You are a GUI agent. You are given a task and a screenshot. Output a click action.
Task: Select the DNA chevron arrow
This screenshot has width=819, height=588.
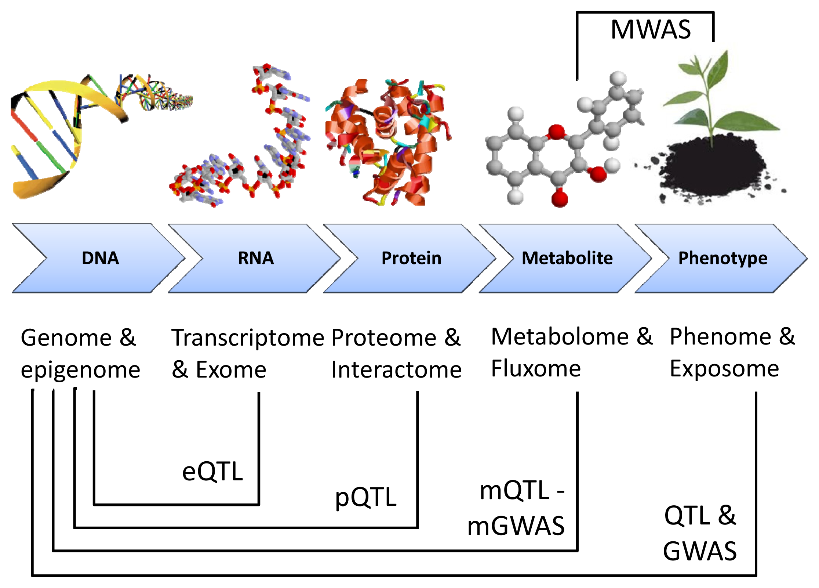(x=99, y=258)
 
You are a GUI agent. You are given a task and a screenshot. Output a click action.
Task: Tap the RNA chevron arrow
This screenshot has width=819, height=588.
(x=255, y=258)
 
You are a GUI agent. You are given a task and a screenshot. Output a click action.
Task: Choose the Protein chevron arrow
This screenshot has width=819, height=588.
(x=410, y=258)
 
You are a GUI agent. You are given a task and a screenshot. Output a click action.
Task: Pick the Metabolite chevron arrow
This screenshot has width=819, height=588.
(x=566, y=258)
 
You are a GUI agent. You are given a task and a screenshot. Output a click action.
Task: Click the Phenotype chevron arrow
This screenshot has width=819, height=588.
(x=721, y=258)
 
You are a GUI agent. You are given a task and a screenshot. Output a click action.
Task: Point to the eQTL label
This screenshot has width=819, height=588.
(x=212, y=471)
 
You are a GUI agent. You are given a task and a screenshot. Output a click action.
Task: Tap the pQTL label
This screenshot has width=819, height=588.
(x=366, y=498)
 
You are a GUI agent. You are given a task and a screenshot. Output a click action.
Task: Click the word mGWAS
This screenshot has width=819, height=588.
(x=516, y=526)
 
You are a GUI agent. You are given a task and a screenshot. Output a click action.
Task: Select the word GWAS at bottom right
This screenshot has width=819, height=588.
(x=700, y=551)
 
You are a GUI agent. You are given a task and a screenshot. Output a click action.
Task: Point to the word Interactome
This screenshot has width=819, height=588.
(x=396, y=369)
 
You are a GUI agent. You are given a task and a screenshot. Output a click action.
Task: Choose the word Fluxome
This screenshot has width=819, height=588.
(x=536, y=368)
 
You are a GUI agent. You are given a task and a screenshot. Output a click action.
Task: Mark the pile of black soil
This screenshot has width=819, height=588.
(x=712, y=171)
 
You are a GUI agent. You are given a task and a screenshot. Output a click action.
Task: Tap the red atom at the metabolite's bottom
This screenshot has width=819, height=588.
(x=560, y=199)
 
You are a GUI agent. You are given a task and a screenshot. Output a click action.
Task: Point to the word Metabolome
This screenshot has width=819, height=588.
(x=560, y=337)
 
